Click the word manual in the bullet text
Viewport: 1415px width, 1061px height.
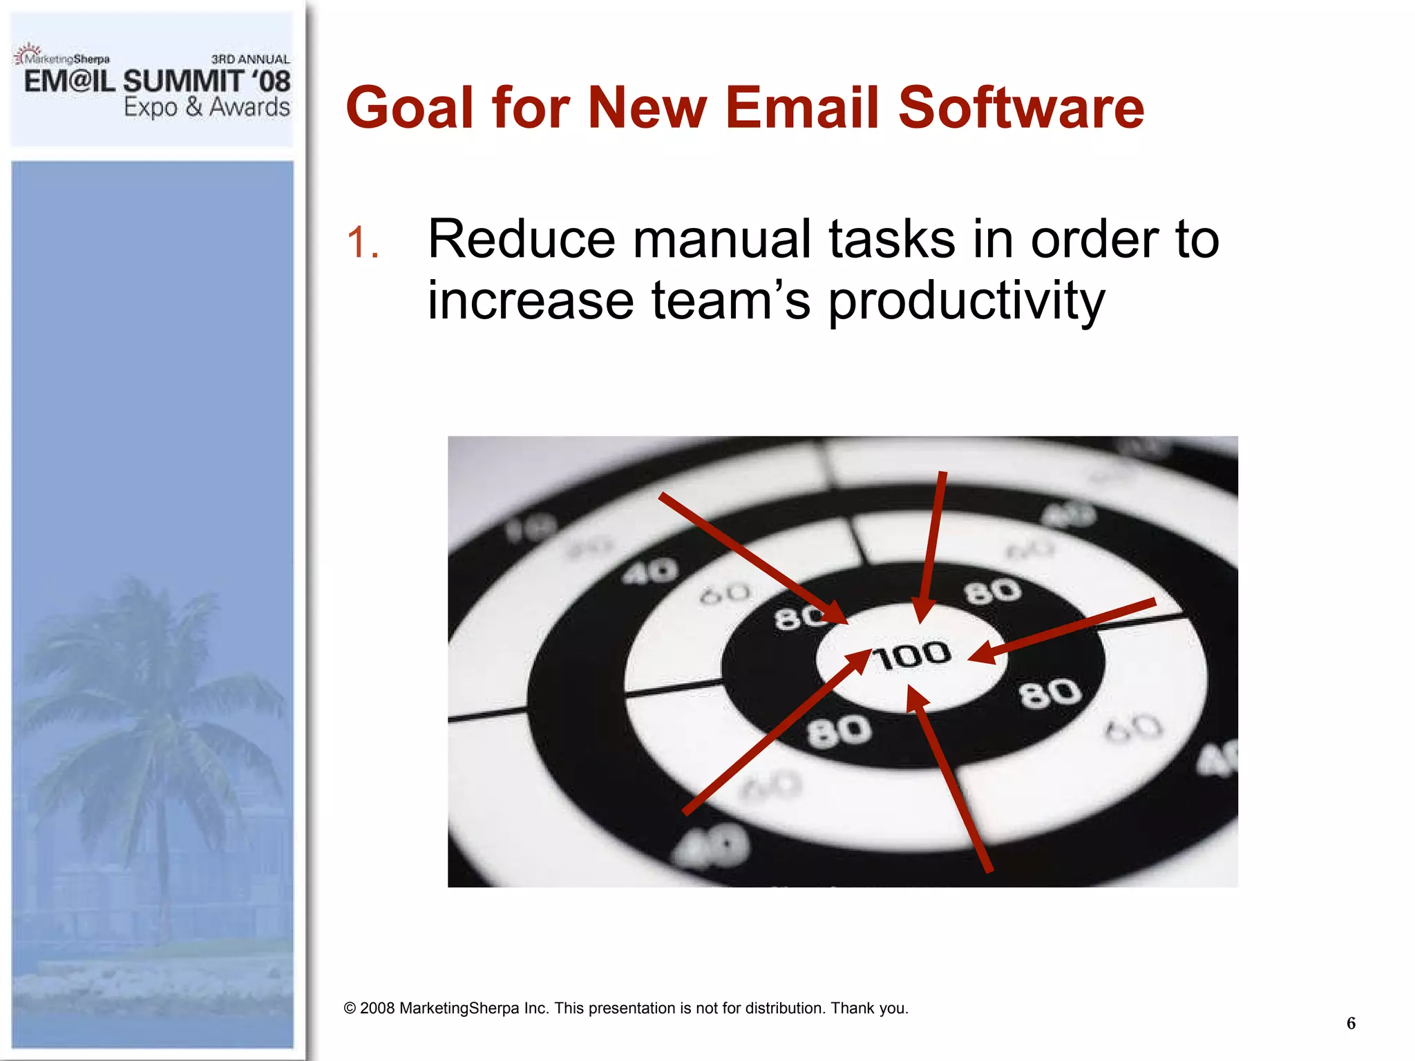tap(721, 239)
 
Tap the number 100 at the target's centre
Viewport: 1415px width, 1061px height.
tap(911, 656)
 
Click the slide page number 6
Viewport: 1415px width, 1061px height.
tap(1351, 1023)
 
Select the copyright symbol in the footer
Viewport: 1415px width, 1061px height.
tap(350, 1009)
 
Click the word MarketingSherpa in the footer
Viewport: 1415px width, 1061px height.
tap(459, 1009)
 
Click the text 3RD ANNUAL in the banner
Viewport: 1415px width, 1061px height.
tap(250, 59)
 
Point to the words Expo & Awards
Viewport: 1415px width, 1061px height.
tap(207, 107)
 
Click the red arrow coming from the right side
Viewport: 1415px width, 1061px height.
tap(1064, 630)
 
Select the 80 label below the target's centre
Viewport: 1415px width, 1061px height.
tap(839, 732)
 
